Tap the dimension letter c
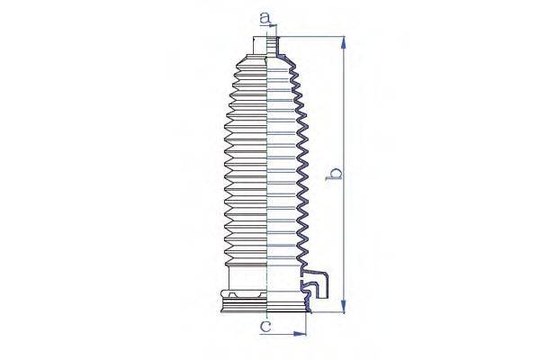pyautogui.click(x=265, y=328)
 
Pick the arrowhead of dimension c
pyautogui.click(x=301, y=334)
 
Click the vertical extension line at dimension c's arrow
pyautogui.click(x=307, y=326)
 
